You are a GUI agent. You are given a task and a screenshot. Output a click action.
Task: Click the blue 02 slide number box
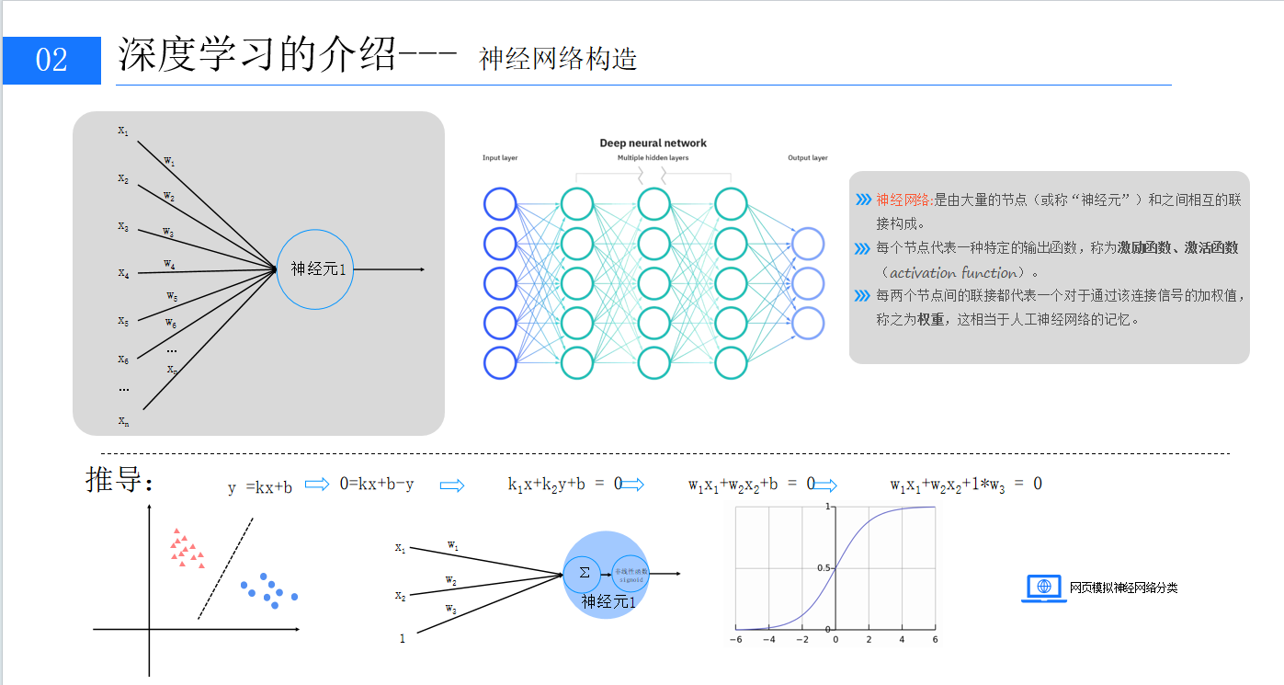pos(51,61)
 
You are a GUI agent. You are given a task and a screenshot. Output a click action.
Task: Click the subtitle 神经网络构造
pos(558,59)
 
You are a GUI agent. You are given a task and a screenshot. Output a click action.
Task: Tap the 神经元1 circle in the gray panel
pos(315,268)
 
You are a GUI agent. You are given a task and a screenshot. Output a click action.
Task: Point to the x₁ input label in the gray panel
pos(123,131)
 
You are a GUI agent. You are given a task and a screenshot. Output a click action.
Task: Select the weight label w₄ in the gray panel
pos(169,265)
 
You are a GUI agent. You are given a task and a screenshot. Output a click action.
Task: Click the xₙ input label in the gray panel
pos(123,421)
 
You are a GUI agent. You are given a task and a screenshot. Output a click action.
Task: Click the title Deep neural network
pos(653,143)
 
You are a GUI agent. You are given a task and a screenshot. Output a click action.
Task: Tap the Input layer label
pos(500,158)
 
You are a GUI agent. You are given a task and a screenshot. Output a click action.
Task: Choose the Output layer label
pos(807,158)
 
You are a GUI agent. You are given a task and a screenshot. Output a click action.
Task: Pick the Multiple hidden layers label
pos(653,158)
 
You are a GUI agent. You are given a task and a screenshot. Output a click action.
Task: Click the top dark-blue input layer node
pos(500,203)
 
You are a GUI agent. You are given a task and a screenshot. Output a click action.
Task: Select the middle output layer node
pos(808,283)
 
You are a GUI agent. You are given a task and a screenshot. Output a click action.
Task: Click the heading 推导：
pos(119,480)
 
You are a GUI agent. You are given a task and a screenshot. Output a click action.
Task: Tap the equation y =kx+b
pos(260,487)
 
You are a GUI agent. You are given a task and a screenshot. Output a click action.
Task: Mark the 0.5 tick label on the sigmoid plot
pos(824,568)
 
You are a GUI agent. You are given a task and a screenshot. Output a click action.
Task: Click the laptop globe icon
pos(1043,588)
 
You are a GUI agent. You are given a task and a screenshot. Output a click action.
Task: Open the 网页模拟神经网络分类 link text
pos(1123,588)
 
